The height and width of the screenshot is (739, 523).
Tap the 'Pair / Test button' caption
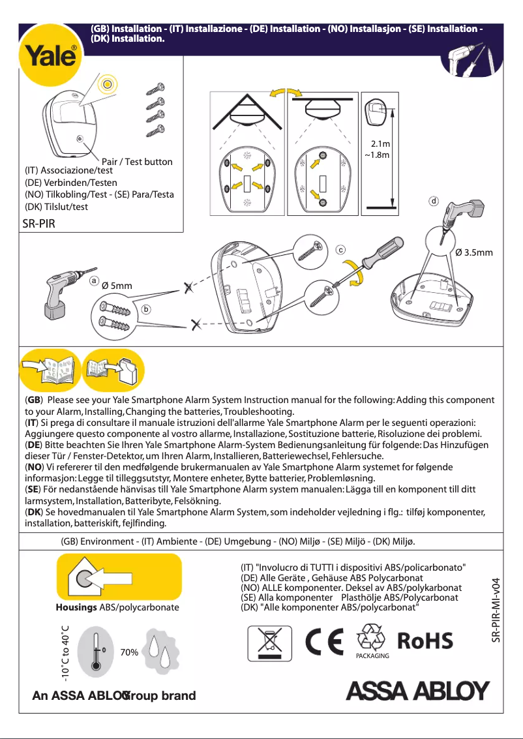tap(137, 161)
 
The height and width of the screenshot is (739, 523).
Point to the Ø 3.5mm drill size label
tap(474, 252)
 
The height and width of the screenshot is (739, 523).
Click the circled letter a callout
tap(95, 281)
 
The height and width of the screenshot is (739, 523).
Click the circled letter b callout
tap(147, 308)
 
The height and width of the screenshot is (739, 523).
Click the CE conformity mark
tap(327, 641)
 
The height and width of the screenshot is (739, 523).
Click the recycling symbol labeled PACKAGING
tap(373, 640)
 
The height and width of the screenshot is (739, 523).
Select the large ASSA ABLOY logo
tap(417, 691)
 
